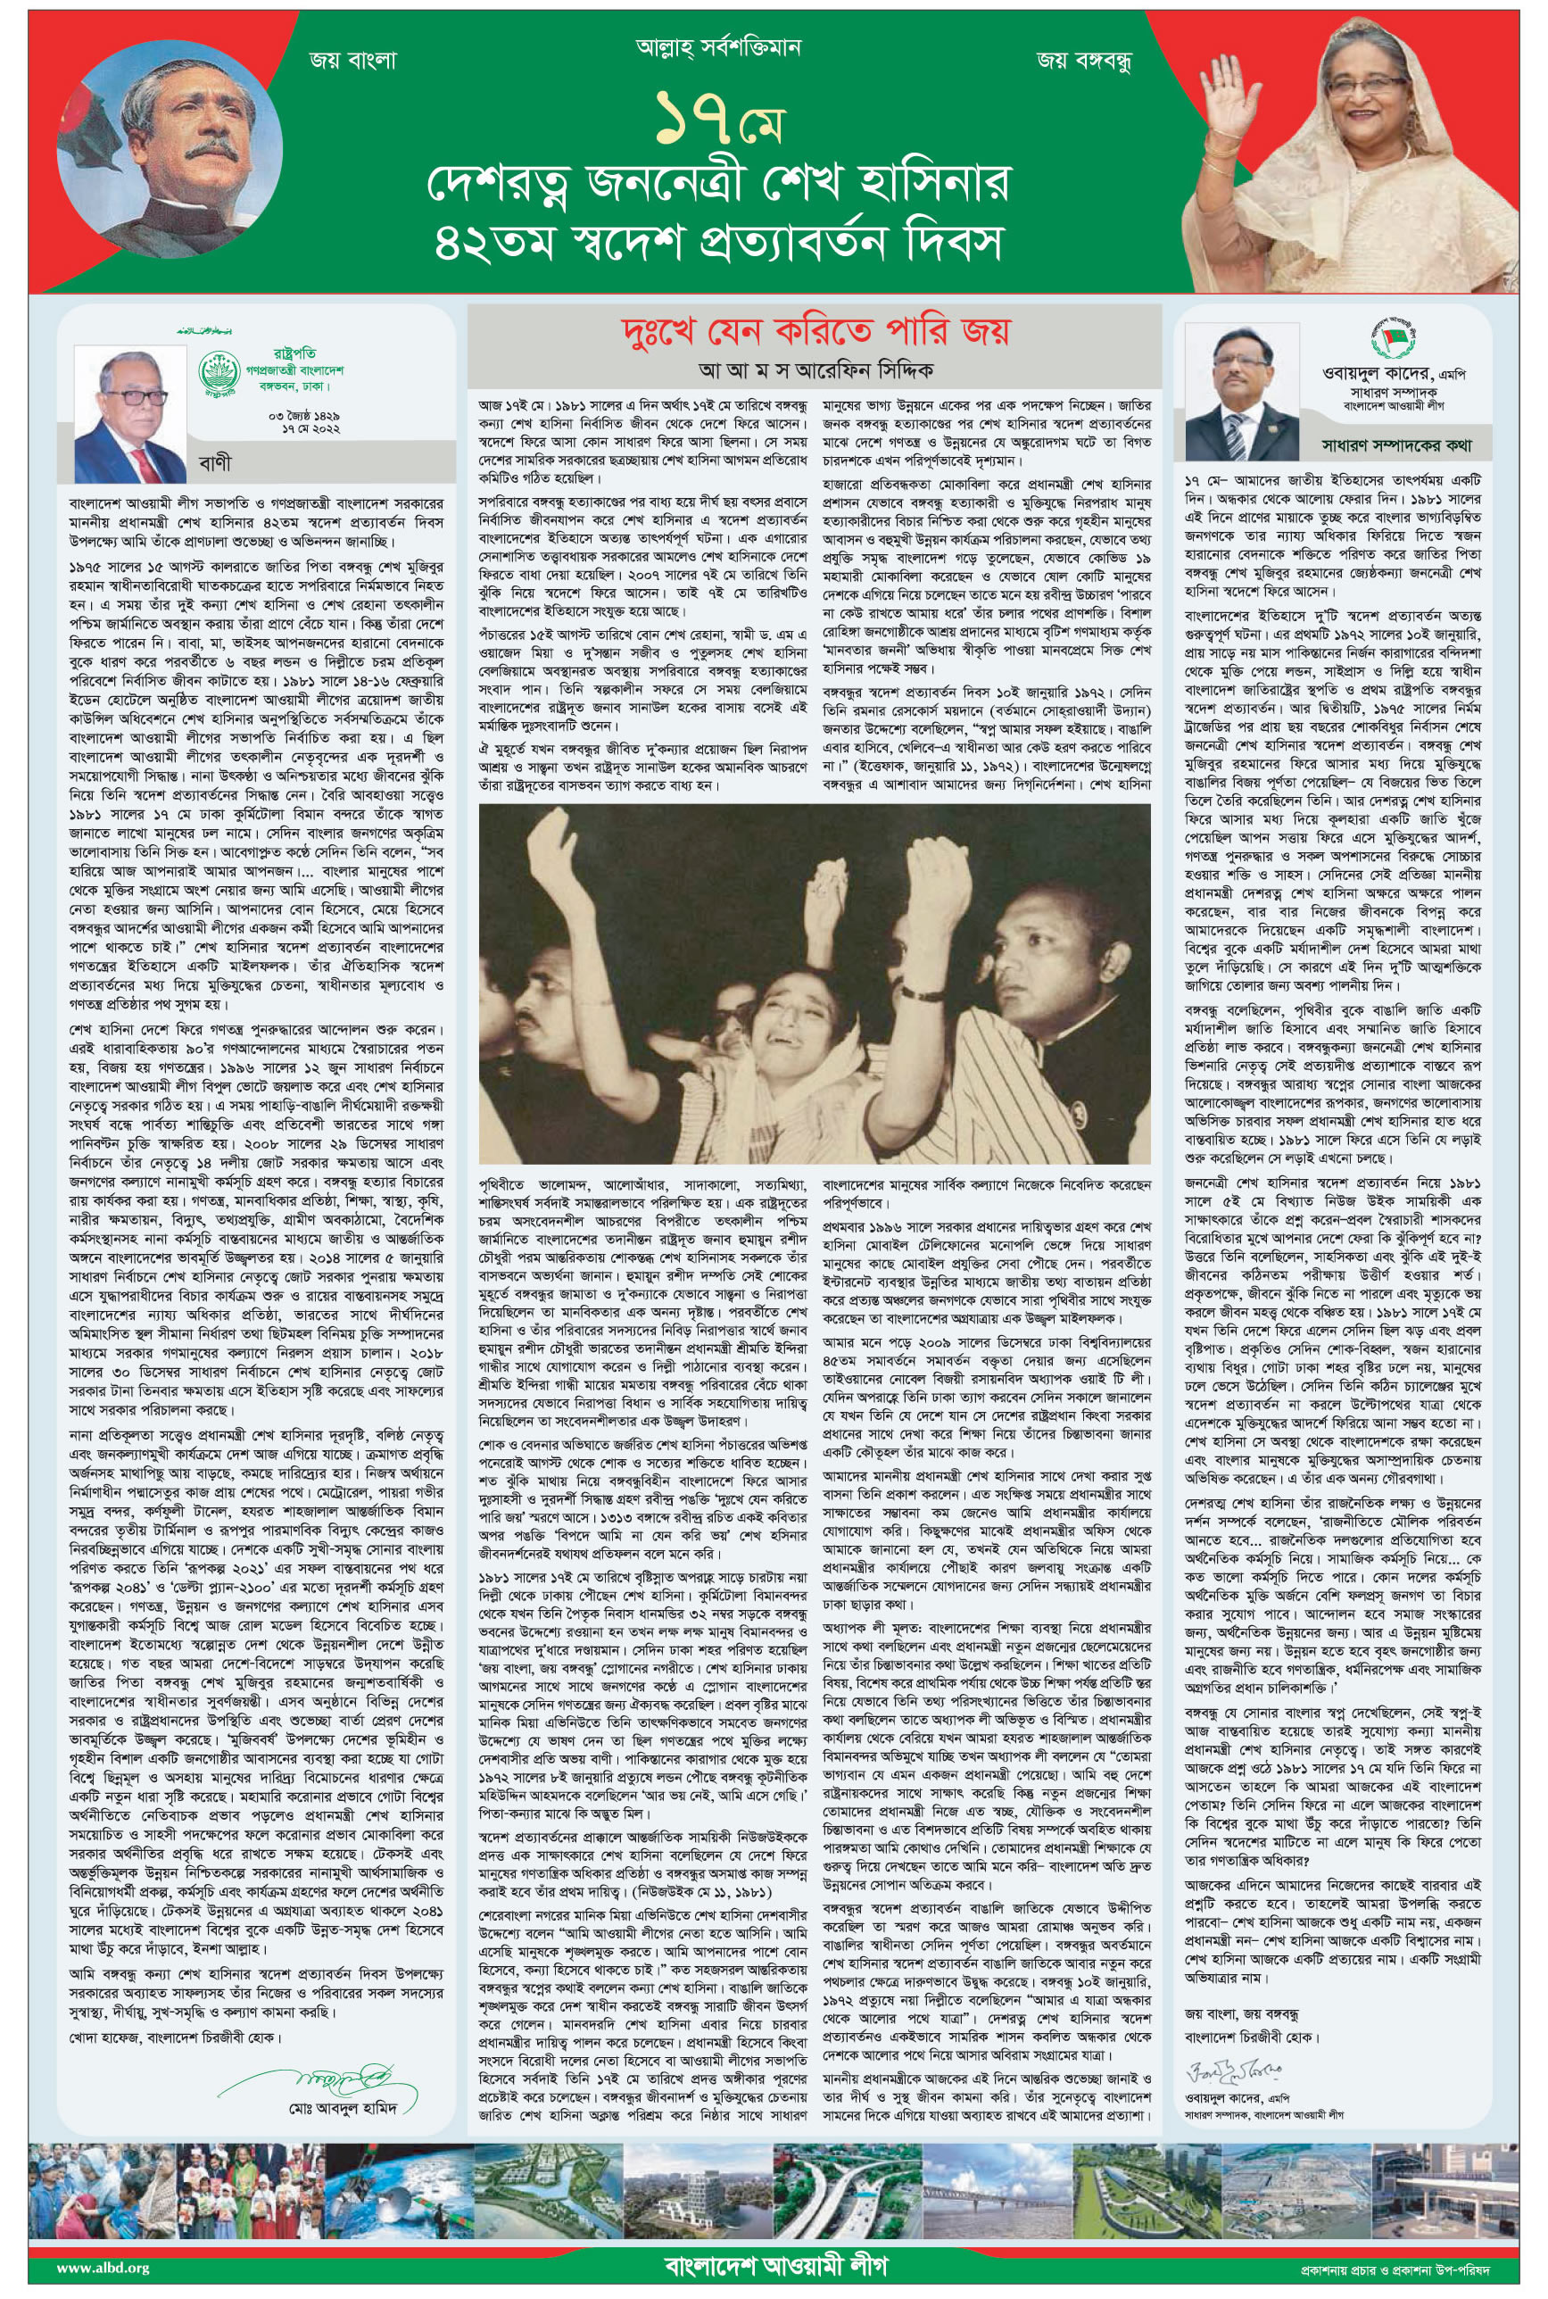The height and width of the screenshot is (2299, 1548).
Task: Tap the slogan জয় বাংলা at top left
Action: pos(352,60)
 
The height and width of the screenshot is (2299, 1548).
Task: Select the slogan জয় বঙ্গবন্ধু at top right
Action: pos(1083,60)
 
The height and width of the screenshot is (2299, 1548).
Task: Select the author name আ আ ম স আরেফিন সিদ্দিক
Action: pos(815,371)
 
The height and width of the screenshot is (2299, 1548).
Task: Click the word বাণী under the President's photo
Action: pos(215,462)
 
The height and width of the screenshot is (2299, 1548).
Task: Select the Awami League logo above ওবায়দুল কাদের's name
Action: pos(1393,339)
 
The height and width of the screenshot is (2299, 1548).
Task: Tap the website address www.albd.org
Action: pos(103,2268)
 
